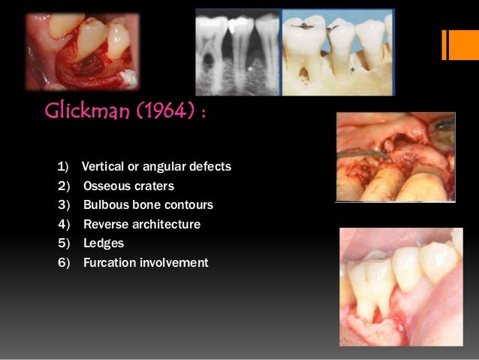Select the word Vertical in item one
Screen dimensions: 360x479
(x=102, y=166)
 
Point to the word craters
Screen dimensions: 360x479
(x=153, y=186)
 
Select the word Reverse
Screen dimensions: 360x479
(x=107, y=225)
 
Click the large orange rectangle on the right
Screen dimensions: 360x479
(x=458, y=44)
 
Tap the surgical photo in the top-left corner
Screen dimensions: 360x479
(x=82, y=51)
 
